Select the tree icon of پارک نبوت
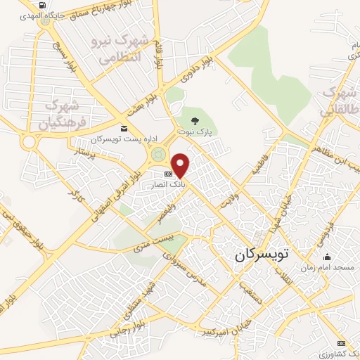point(205,120)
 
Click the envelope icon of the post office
point(124,128)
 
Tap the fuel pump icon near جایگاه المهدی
point(43,6)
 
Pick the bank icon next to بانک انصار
point(168,174)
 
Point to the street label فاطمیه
point(262,160)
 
